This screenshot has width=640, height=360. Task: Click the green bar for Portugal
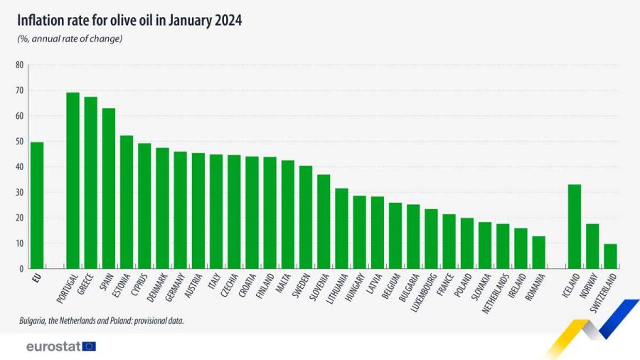(x=73, y=181)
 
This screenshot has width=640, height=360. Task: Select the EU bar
(x=37, y=206)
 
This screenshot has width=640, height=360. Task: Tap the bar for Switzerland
(x=610, y=256)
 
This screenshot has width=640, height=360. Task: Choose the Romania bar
(x=538, y=253)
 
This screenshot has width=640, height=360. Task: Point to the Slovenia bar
(x=324, y=221)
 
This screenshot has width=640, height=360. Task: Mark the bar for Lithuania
(x=341, y=228)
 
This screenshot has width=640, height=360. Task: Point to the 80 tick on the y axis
(x=19, y=65)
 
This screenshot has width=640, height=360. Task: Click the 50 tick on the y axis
(x=19, y=142)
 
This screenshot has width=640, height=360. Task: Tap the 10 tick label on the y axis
(x=19, y=243)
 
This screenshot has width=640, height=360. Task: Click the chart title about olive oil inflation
(x=129, y=21)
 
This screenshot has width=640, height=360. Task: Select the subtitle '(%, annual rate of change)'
(x=70, y=38)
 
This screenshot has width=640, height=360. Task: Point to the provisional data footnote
(x=102, y=321)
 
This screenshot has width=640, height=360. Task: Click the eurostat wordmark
(x=53, y=346)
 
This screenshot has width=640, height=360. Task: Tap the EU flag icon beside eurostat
(x=89, y=346)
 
